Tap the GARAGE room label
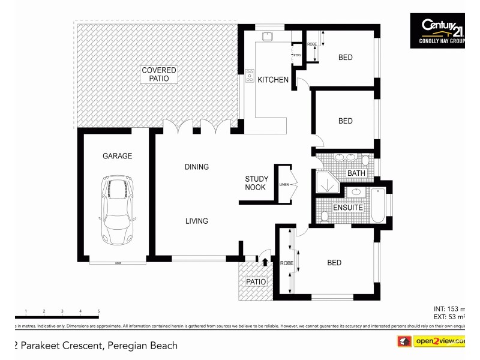point(117,156)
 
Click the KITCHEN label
point(273,80)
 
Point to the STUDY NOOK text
point(256,183)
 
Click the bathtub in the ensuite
point(378,205)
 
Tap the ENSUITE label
point(348,208)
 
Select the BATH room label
point(356,173)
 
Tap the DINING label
point(196,167)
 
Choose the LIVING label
point(196,221)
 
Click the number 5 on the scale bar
point(98,311)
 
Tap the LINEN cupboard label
point(284,184)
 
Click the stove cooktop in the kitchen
point(249,76)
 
